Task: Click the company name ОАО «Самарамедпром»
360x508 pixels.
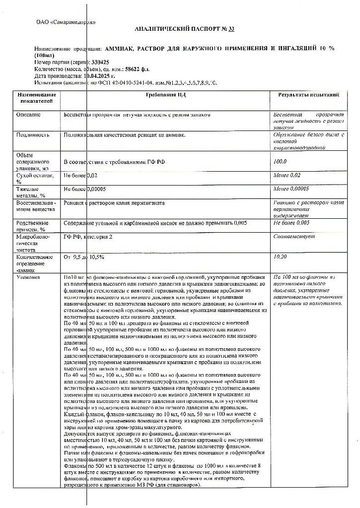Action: pos(66,22)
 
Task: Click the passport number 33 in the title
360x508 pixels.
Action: pos(231,29)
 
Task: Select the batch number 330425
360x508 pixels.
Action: pos(99,62)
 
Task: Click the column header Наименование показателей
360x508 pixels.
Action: pos(36,97)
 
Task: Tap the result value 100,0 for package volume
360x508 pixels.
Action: pos(281,162)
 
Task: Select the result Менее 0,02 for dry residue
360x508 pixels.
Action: pos(288,175)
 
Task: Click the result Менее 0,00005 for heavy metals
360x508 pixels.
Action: pos(291,189)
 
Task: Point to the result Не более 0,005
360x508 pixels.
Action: pos(291,223)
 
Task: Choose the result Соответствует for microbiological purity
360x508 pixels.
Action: pos(291,237)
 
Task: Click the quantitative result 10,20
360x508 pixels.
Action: pos(281,257)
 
